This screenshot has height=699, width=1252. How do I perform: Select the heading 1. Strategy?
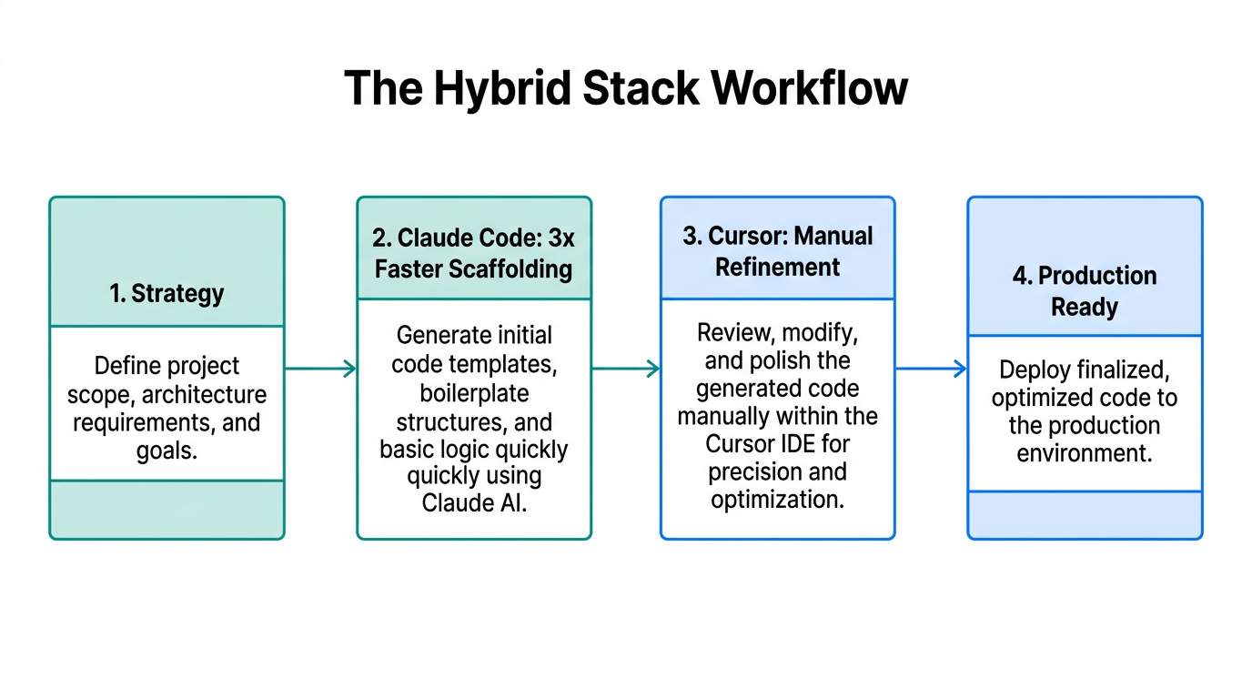click(167, 293)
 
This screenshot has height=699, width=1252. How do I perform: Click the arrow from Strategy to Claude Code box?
click(320, 369)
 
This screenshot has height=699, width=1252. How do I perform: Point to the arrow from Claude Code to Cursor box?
click(626, 369)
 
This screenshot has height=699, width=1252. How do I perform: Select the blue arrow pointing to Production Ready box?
click(931, 369)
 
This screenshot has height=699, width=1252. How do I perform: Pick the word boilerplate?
click(474, 393)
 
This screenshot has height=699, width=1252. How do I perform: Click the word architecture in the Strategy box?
click(205, 395)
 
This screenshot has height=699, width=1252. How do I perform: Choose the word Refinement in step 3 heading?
click(778, 267)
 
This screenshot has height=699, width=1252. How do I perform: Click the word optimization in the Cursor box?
click(777, 500)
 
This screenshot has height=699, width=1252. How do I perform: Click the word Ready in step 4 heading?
click(1084, 307)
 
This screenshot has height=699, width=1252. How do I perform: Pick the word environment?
click(1085, 452)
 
